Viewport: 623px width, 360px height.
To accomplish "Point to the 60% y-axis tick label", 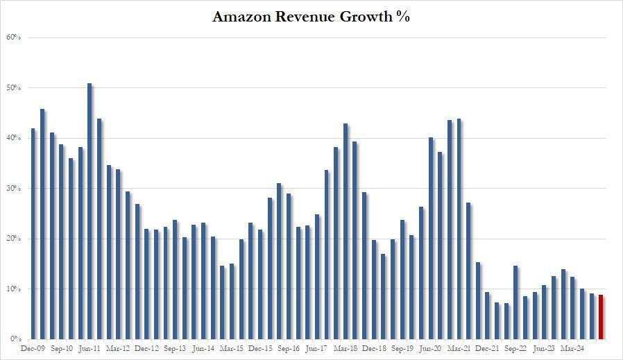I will tap(13, 37).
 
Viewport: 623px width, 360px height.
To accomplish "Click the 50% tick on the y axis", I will tap(13, 88).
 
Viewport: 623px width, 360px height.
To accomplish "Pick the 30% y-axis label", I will tap(13, 189).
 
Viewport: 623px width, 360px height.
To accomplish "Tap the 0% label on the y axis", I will tap(15, 339).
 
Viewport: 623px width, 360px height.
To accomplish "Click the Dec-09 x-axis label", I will tap(33, 349).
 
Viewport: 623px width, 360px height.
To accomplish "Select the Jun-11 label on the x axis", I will tap(89, 349).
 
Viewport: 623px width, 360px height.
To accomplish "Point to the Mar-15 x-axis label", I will tap(231, 349).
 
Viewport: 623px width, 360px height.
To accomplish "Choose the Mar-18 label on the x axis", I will tap(345, 349).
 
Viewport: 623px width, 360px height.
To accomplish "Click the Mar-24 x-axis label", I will tap(572, 349).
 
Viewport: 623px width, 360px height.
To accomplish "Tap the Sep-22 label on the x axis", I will tap(515, 349).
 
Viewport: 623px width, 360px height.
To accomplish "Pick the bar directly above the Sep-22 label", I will tap(515, 302).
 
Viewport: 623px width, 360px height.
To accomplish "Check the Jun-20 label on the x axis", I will tap(430, 349).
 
